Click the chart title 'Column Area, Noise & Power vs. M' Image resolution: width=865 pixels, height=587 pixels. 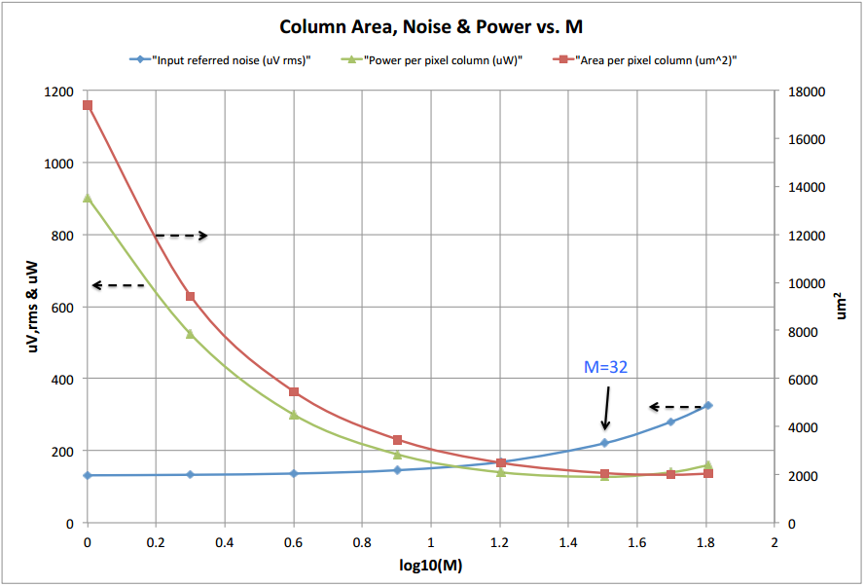tap(432, 26)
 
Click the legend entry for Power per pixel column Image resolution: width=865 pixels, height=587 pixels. tap(443, 60)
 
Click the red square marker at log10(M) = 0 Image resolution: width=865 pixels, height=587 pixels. tap(88, 105)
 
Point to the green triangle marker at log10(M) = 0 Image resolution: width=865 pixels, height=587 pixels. tap(88, 198)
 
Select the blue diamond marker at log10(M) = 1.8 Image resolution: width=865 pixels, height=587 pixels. tap(708, 405)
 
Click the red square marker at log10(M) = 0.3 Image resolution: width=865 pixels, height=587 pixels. tap(191, 297)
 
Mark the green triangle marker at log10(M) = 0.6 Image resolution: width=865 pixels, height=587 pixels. tap(294, 415)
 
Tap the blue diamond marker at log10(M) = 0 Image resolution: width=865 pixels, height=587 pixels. tap(88, 475)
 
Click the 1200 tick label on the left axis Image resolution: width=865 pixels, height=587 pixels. tap(58, 92)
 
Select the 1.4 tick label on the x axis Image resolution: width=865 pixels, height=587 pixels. tap(568, 541)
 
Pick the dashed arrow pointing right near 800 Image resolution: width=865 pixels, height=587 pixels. tap(182, 236)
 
